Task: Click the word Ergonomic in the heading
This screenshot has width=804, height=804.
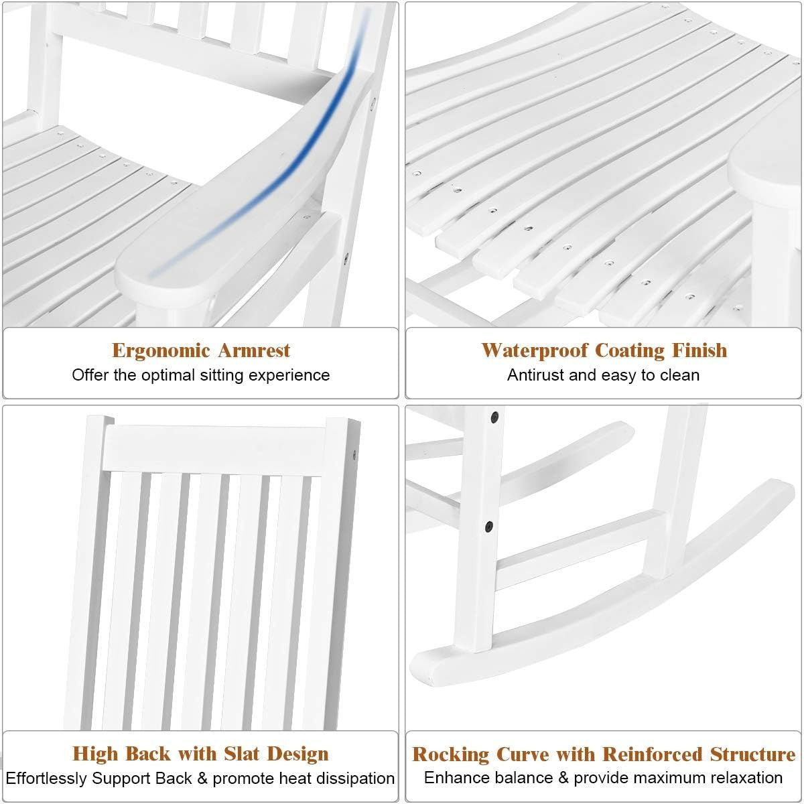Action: (161, 350)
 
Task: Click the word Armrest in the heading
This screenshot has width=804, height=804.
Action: (254, 350)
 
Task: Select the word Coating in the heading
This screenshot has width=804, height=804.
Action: (630, 350)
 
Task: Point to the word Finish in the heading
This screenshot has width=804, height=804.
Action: (699, 350)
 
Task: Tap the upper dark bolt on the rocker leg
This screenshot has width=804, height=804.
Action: (495, 416)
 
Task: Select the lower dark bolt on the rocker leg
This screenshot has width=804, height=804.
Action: (489, 527)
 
